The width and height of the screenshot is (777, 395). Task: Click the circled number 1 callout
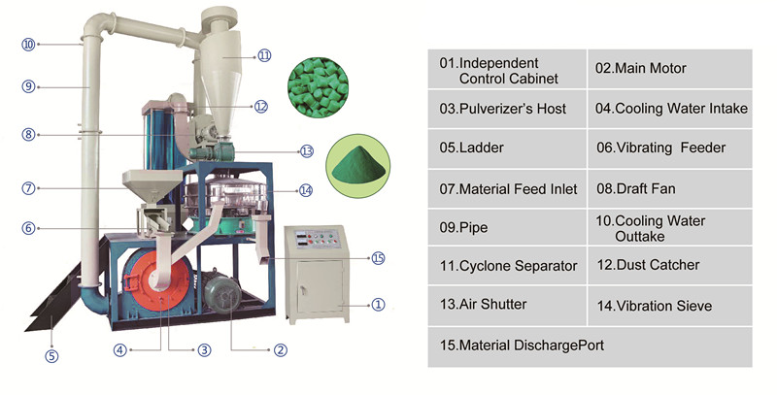pyautogui.click(x=378, y=304)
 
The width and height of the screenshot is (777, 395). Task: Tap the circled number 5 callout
pyautogui.click(x=51, y=355)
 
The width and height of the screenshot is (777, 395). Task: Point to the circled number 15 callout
pyautogui.click(x=379, y=258)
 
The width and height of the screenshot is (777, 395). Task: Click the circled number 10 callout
pyautogui.click(x=28, y=44)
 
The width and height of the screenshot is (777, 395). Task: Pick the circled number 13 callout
pyautogui.click(x=306, y=151)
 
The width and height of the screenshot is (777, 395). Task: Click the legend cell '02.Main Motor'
pyautogui.click(x=670, y=69)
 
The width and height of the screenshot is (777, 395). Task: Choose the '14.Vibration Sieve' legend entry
pyautogui.click(x=670, y=306)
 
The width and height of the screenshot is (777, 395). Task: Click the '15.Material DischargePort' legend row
pyautogui.click(x=590, y=345)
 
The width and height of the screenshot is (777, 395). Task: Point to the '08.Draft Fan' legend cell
pyautogui.click(x=670, y=188)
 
